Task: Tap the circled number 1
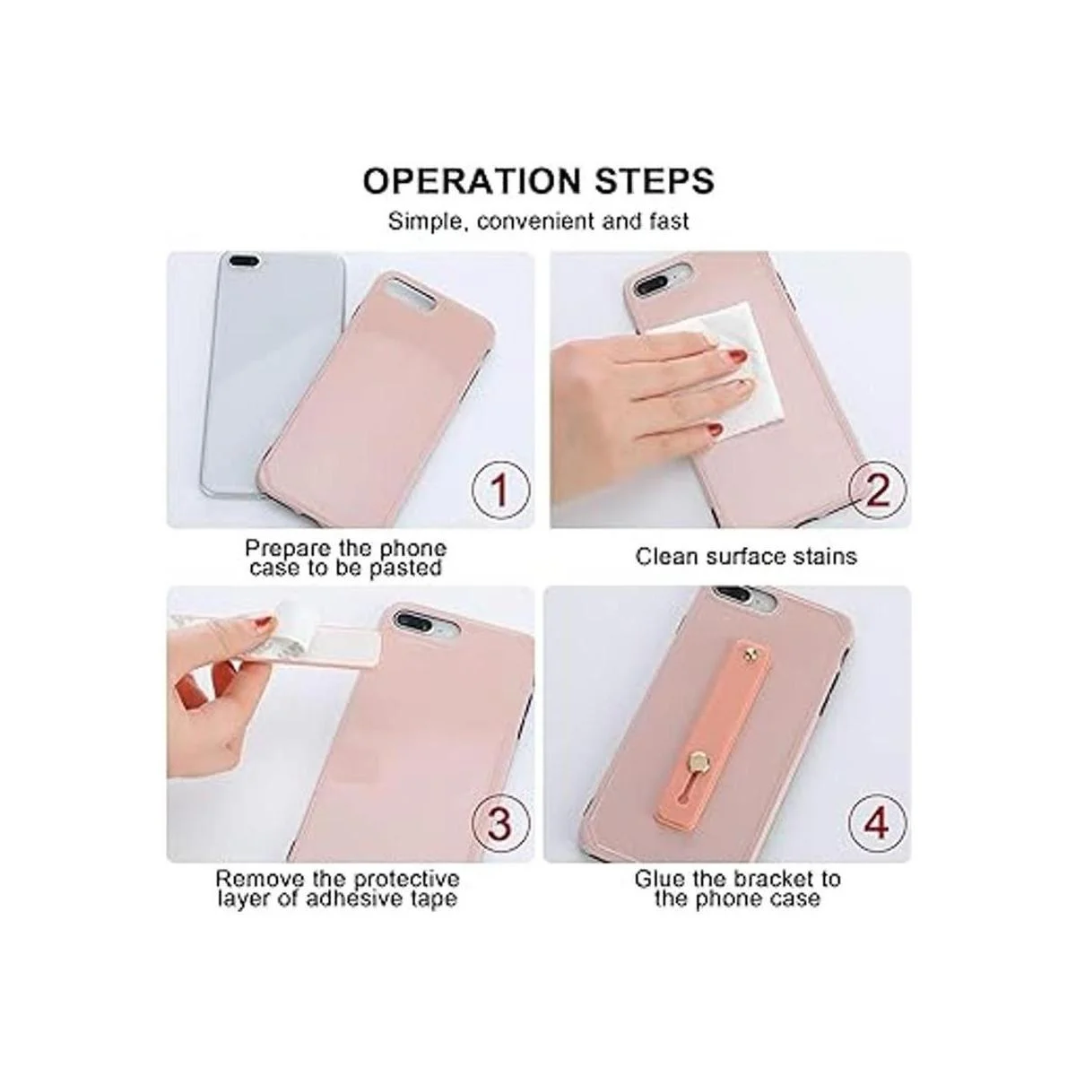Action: point(499,490)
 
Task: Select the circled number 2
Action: point(877,490)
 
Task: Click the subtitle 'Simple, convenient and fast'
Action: point(538,221)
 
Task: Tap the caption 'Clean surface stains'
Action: point(745,556)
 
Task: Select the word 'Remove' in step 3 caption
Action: point(260,879)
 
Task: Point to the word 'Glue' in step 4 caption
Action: point(661,879)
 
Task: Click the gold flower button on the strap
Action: point(698,759)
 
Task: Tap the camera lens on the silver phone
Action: point(243,260)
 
